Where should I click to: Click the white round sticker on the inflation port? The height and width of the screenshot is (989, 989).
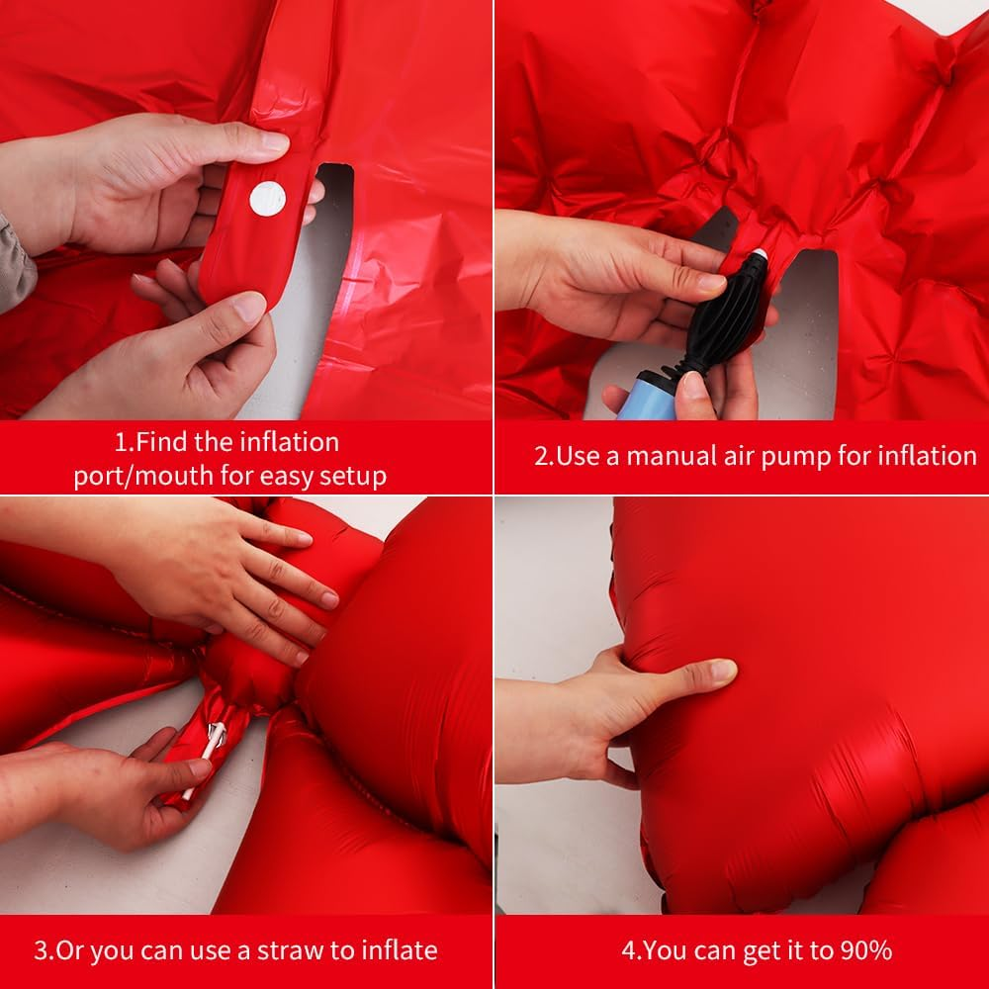tap(267, 199)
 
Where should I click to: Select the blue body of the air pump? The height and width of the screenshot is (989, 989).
tap(646, 399)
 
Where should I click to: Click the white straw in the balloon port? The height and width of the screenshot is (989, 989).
tap(204, 760)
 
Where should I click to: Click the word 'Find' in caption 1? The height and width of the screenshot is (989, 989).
tap(161, 442)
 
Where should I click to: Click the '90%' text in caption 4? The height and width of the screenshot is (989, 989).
tap(865, 949)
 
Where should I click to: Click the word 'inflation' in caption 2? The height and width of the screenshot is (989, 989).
tap(928, 455)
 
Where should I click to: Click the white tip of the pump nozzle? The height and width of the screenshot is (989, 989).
tap(760, 253)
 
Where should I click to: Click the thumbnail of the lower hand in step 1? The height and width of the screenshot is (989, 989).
tap(250, 308)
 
